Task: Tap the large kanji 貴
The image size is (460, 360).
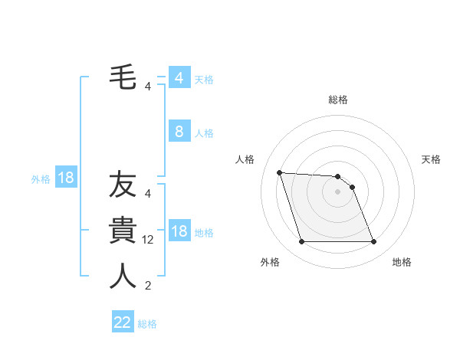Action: tap(123, 231)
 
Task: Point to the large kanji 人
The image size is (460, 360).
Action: tap(123, 277)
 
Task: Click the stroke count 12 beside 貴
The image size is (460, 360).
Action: tap(149, 240)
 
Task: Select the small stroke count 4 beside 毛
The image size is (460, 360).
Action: tap(147, 86)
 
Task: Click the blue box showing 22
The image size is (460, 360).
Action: tap(123, 322)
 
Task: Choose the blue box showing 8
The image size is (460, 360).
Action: tap(179, 132)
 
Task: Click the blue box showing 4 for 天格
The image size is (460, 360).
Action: tap(179, 78)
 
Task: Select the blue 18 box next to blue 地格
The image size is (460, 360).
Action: tap(179, 232)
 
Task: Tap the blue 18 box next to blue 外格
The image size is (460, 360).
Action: tap(66, 178)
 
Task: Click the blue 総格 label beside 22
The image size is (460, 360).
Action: tap(147, 324)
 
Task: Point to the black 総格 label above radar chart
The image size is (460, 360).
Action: tap(337, 100)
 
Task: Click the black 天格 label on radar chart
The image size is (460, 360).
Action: tap(431, 159)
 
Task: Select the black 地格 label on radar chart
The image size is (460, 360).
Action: tap(401, 262)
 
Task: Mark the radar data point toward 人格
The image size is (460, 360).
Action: tap(279, 172)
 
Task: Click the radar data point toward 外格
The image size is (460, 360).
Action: tap(301, 242)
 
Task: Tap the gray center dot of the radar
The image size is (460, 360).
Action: tap(337, 191)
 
